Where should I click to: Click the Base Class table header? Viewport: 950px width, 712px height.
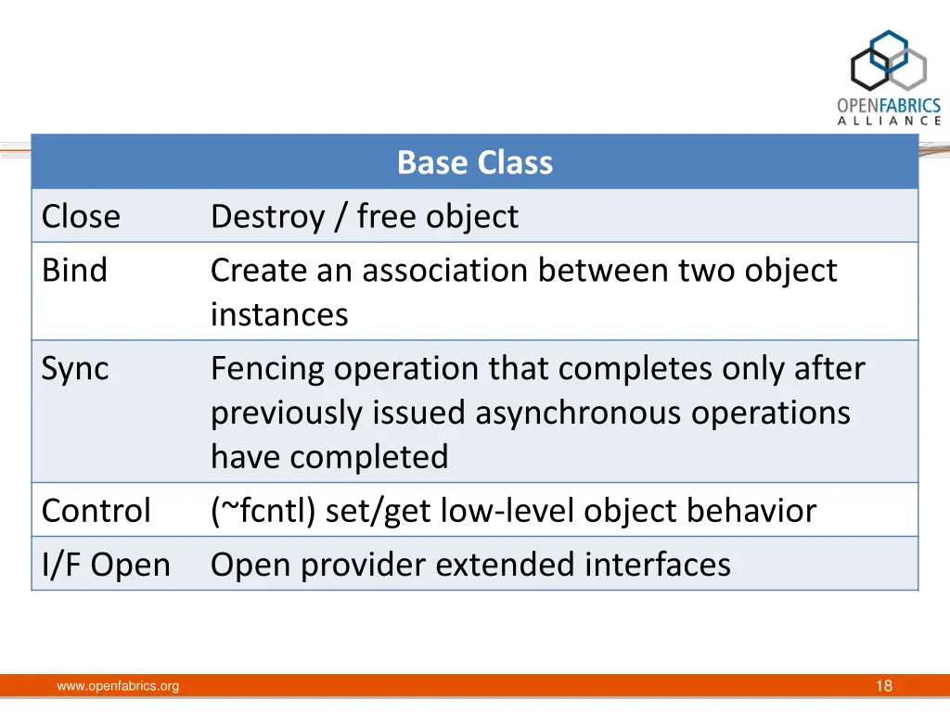coord(474,162)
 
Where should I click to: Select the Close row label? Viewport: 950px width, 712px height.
coord(81,217)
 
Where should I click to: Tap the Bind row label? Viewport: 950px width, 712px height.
coord(74,271)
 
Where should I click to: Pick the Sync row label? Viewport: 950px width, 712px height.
coord(75,369)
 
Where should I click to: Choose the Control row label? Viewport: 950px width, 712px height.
coord(96,511)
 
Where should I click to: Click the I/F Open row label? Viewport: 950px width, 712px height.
coord(106,565)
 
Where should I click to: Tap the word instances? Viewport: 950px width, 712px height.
coord(279,315)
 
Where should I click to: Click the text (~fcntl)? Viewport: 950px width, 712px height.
coord(263,511)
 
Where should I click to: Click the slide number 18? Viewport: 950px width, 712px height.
coord(883,686)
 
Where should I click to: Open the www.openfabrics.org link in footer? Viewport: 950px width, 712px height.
coord(118,686)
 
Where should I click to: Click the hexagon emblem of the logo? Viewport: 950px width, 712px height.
coord(889,63)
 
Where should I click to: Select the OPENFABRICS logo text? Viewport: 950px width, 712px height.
coord(889,107)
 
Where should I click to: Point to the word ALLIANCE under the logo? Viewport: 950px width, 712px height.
coord(889,121)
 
